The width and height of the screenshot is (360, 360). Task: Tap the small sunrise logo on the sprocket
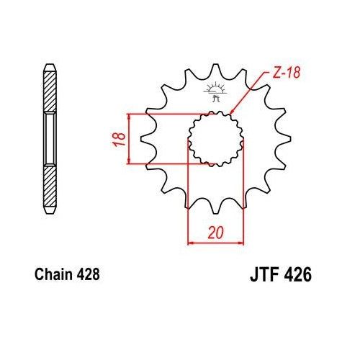pos(214,91)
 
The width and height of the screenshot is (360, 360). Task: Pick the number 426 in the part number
pos(297,275)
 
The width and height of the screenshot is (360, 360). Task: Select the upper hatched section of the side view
pos(49,89)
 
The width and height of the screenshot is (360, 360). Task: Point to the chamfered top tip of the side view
pos(49,66)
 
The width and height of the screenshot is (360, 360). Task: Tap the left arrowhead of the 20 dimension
pos(191,243)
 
